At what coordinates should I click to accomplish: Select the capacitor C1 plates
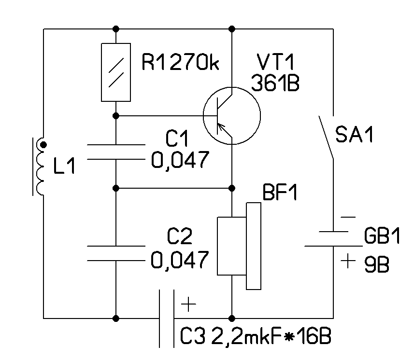pyautogui.click(x=116, y=152)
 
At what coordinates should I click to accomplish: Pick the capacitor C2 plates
pyautogui.click(x=116, y=254)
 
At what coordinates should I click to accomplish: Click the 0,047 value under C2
pyautogui.click(x=180, y=260)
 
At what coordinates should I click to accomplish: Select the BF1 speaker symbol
pyautogui.click(x=240, y=246)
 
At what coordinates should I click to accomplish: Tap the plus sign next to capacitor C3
pyautogui.click(x=188, y=305)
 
